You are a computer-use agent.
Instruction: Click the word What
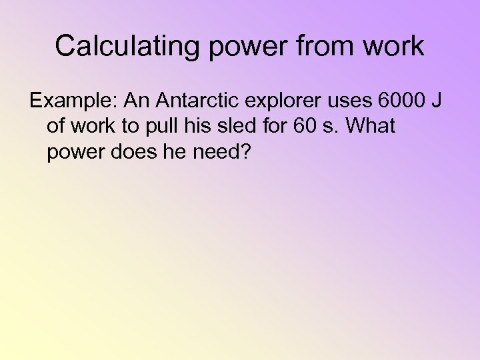click(x=369, y=127)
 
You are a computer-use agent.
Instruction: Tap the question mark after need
click(x=246, y=152)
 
